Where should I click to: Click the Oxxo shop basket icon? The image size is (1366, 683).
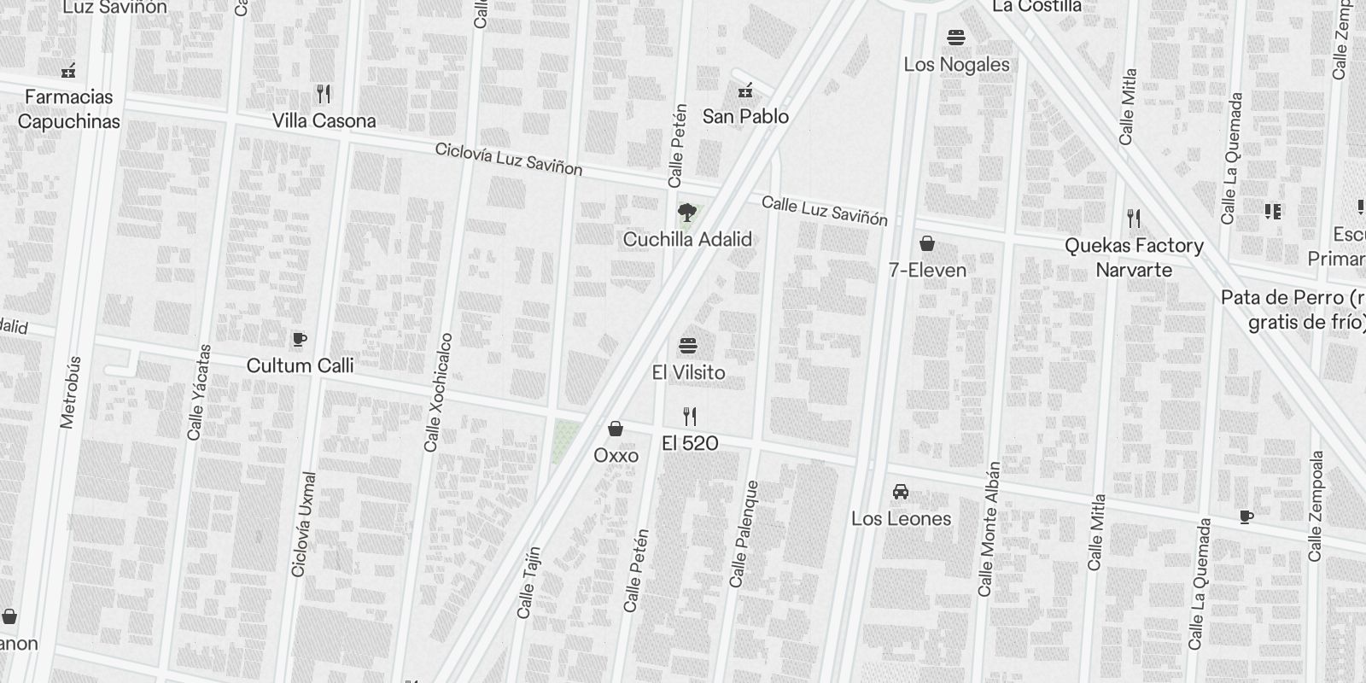[x=616, y=429]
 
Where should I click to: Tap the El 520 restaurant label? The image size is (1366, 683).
[x=690, y=443]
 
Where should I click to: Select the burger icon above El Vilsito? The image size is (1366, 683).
[x=688, y=346]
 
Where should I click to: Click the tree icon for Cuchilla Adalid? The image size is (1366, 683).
[x=686, y=213]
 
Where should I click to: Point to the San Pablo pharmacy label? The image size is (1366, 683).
[x=745, y=116]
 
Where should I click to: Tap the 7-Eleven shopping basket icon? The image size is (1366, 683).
[x=927, y=244]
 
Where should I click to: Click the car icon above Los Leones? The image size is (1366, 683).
[x=901, y=492]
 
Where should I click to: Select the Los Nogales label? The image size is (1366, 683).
[x=956, y=65]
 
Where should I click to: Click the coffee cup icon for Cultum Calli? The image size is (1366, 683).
[x=299, y=340]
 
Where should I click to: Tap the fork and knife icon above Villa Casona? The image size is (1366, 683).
[x=324, y=93]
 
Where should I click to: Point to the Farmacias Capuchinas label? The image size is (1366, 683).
[x=68, y=109]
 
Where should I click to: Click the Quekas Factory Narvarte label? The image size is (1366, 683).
[x=1134, y=258]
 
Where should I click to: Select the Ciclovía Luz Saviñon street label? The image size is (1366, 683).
[x=509, y=160]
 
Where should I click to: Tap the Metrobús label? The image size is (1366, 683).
[x=70, y=392]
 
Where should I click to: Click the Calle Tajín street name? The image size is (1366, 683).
[x=528, y=582]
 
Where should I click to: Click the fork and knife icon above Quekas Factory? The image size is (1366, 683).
[x=1134, y=219]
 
